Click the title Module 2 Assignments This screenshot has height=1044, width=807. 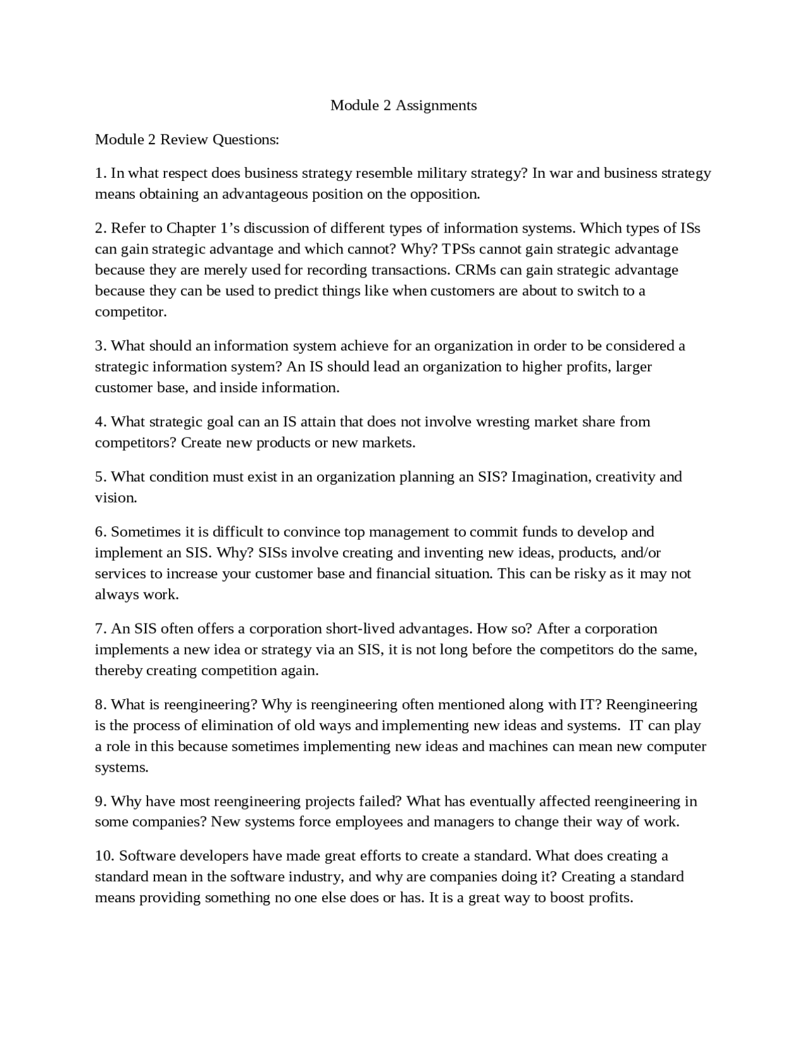[x=403, y=105]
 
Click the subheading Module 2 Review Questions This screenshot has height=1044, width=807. [x=187, y=139]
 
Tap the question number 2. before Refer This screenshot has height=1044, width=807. [x=101, y=228]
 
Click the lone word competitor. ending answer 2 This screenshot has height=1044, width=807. [x=131, y=311]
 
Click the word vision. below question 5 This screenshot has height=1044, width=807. [x=115, y=497]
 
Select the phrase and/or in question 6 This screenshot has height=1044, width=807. [x=641, y=552]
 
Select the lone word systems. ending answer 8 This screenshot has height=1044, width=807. [x=122, y=767]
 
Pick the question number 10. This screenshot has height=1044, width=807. [x=105, y=855]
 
